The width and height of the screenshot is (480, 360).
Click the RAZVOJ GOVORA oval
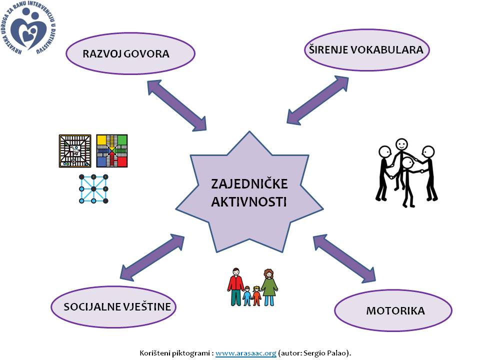pos(130,53)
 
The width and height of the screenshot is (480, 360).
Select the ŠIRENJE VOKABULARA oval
pos(367,49)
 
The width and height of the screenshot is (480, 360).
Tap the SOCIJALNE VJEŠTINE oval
pos(114,306)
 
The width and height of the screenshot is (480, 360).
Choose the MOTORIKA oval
pos(393,310)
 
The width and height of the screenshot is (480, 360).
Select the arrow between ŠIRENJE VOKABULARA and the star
pos(317,99)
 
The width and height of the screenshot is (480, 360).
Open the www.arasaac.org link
pos(246,353)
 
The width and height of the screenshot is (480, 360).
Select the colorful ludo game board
pos(112,150)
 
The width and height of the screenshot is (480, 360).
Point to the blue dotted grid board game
pos(93,188)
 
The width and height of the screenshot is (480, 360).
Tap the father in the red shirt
pos(236,286)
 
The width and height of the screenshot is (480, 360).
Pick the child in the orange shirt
pos(257,295)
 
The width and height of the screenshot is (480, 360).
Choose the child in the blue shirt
pos(247,296)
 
